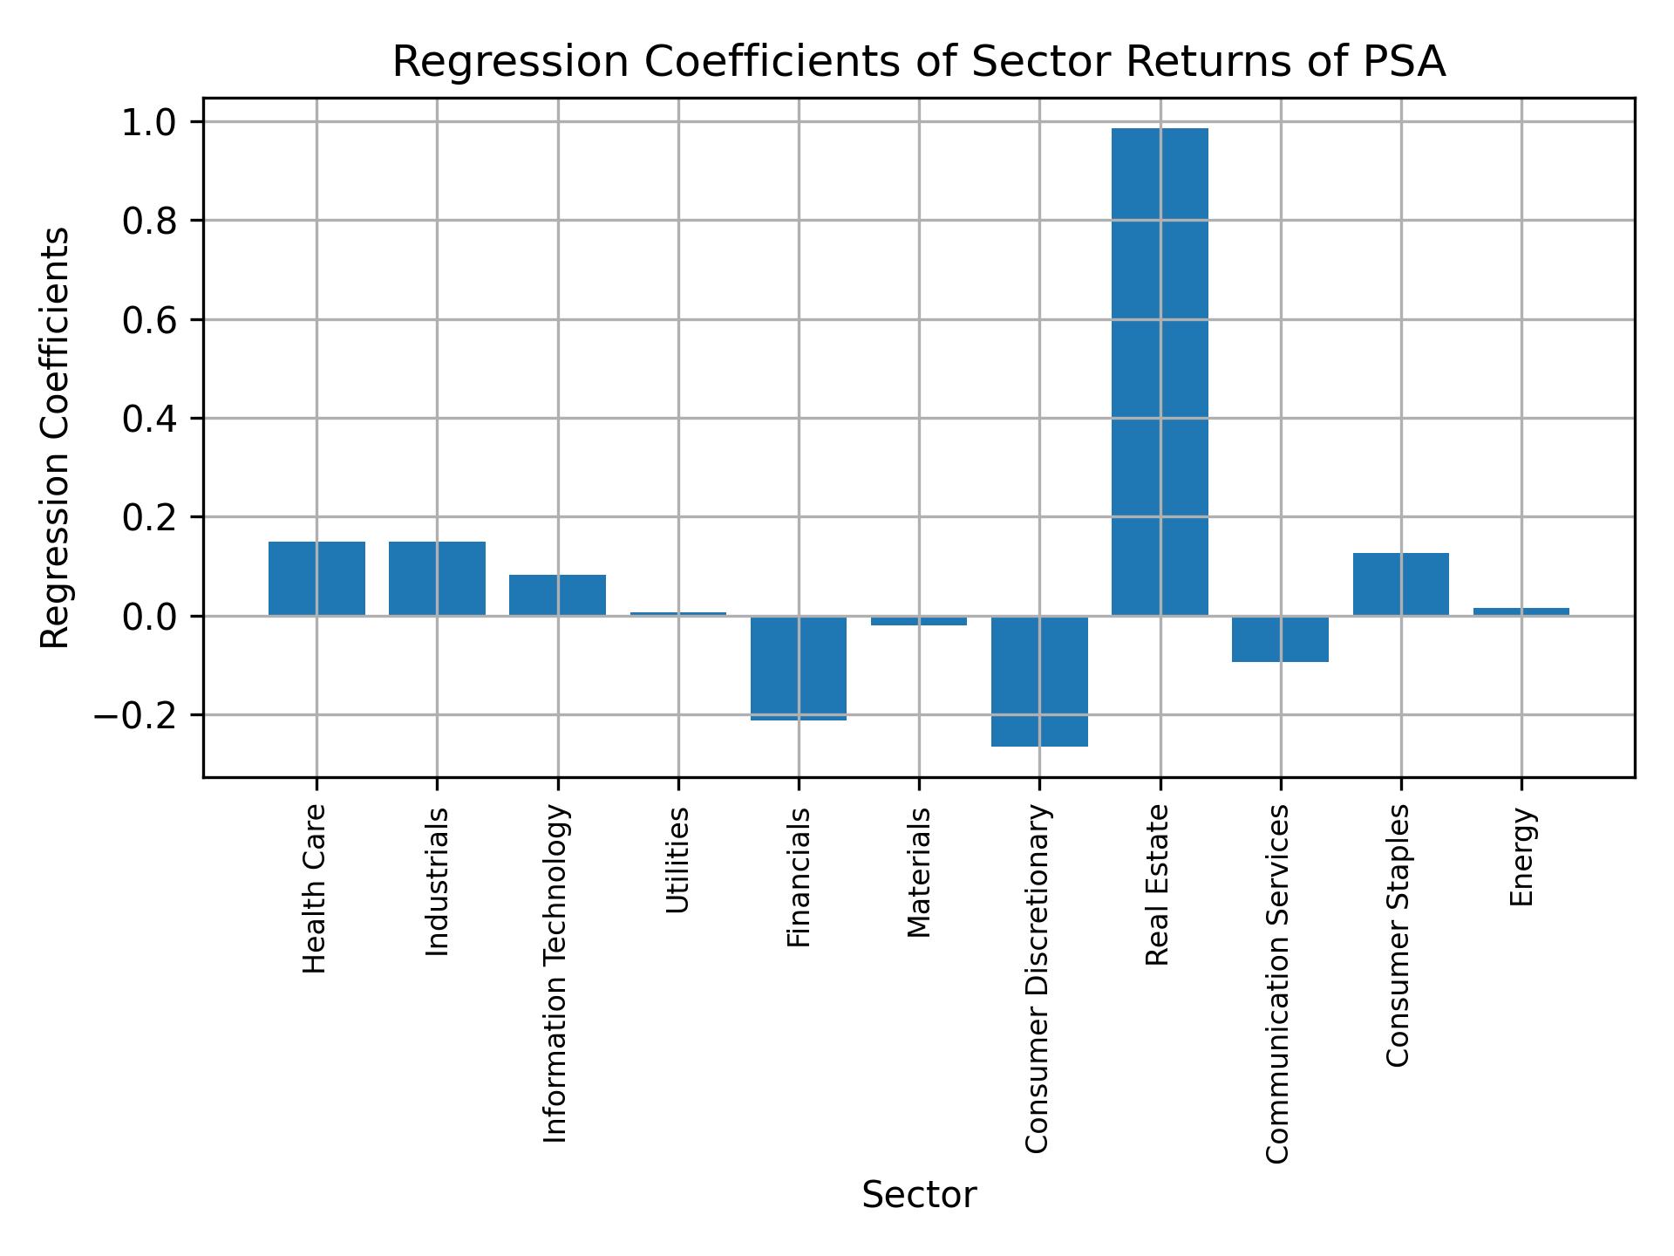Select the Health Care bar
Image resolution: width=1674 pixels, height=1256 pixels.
pyautogui.click(x=316, y=578)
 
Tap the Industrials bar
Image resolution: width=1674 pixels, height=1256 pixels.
pyautogui.click(x=437, y=578)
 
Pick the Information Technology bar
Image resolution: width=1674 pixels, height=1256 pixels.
pyautogui.click(x=557, y=595)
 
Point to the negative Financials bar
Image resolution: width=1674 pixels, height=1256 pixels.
pyautogui.click(x=798, y=667)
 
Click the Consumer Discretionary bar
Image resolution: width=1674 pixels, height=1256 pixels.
pyautogui.click(x=1039, y=680)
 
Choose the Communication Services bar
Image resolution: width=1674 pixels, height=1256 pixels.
pyautogui.click(x=1280, y=638)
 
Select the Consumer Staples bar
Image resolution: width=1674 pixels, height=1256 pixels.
pyautogui.click(x=1400, y=584)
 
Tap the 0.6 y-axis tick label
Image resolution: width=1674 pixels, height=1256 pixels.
pyautogui.click(x=149, y=320)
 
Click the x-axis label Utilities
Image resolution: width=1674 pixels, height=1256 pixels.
pyautogui.click(x=677, y=860)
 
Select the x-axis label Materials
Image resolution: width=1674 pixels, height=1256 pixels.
pyautogui.click(x=918, y=872)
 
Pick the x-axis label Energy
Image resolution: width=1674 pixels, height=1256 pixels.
pyautogui.click(x=1521, y=857)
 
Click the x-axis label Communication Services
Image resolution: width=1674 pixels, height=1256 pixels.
pyautogui.click(x=1277, y=983)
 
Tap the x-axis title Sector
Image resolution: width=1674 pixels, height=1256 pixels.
pyautogui.click(x=918, y=1195)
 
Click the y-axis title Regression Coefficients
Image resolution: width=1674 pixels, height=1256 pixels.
pyautogui.click(x=56, y=438)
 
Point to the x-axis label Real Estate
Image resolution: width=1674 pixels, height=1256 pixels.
pyautogui.click(x=1157, y=885)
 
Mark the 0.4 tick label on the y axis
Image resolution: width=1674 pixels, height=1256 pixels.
pyautogui.click(x=149, y=420)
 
